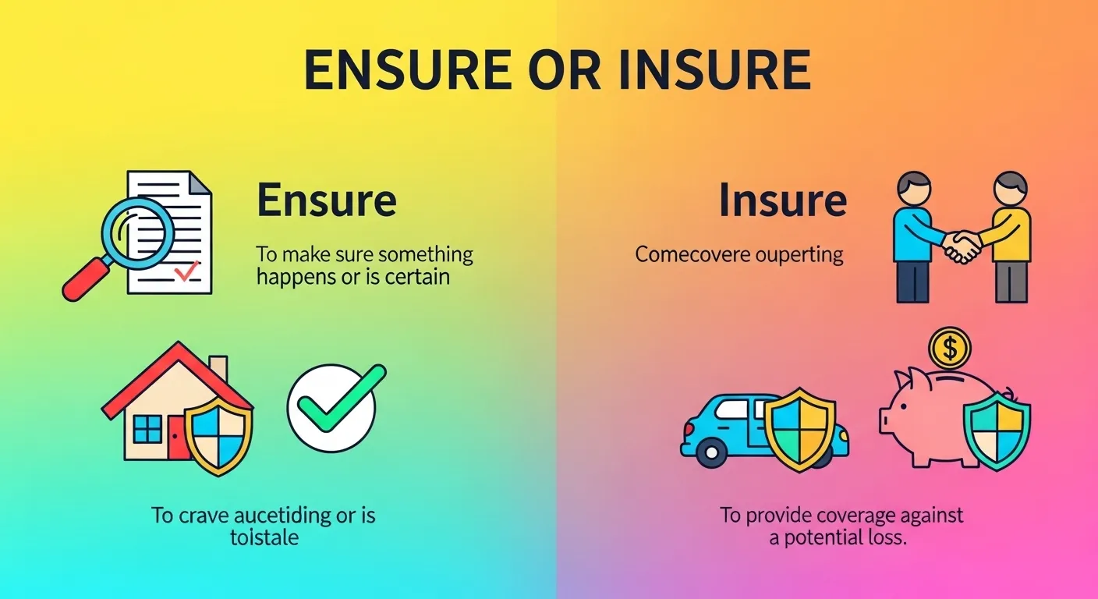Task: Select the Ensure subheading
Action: coord(327,200)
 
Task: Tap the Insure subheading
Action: coord(783,200)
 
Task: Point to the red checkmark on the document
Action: coord(187,271)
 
